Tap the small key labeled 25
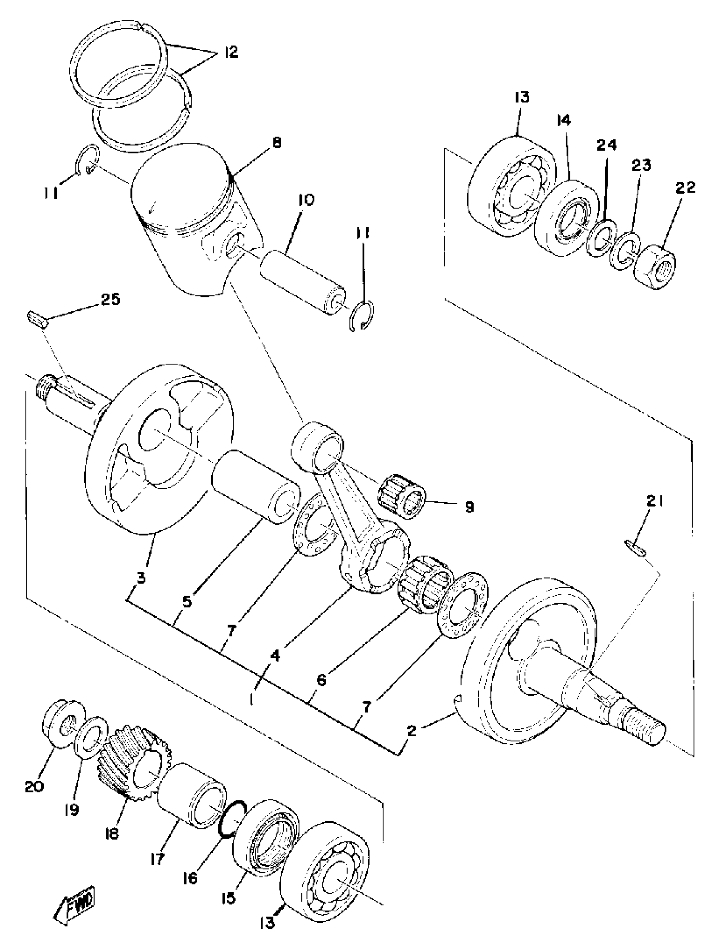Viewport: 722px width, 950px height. (38, 320)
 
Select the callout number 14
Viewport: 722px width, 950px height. (564, 121)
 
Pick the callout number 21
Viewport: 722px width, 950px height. (654, 501)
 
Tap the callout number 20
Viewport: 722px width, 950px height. (34, 786)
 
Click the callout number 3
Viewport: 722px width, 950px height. (141, 577)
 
